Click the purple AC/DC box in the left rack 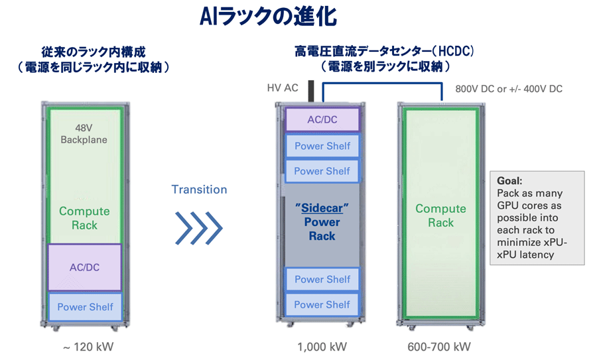click(84, 268)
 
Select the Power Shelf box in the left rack click(84, 307)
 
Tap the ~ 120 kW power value click(85, 347)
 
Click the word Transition click(199, 190)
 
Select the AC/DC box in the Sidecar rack click(322, 120)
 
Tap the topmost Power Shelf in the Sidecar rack click(322, 146)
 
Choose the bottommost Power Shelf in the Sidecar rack click(322, 304)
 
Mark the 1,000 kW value click(322, 347)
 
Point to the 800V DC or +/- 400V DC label click(508, 88)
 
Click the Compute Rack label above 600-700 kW click(440, 215)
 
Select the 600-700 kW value click(440, 347)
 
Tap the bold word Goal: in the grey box click(509, 180)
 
